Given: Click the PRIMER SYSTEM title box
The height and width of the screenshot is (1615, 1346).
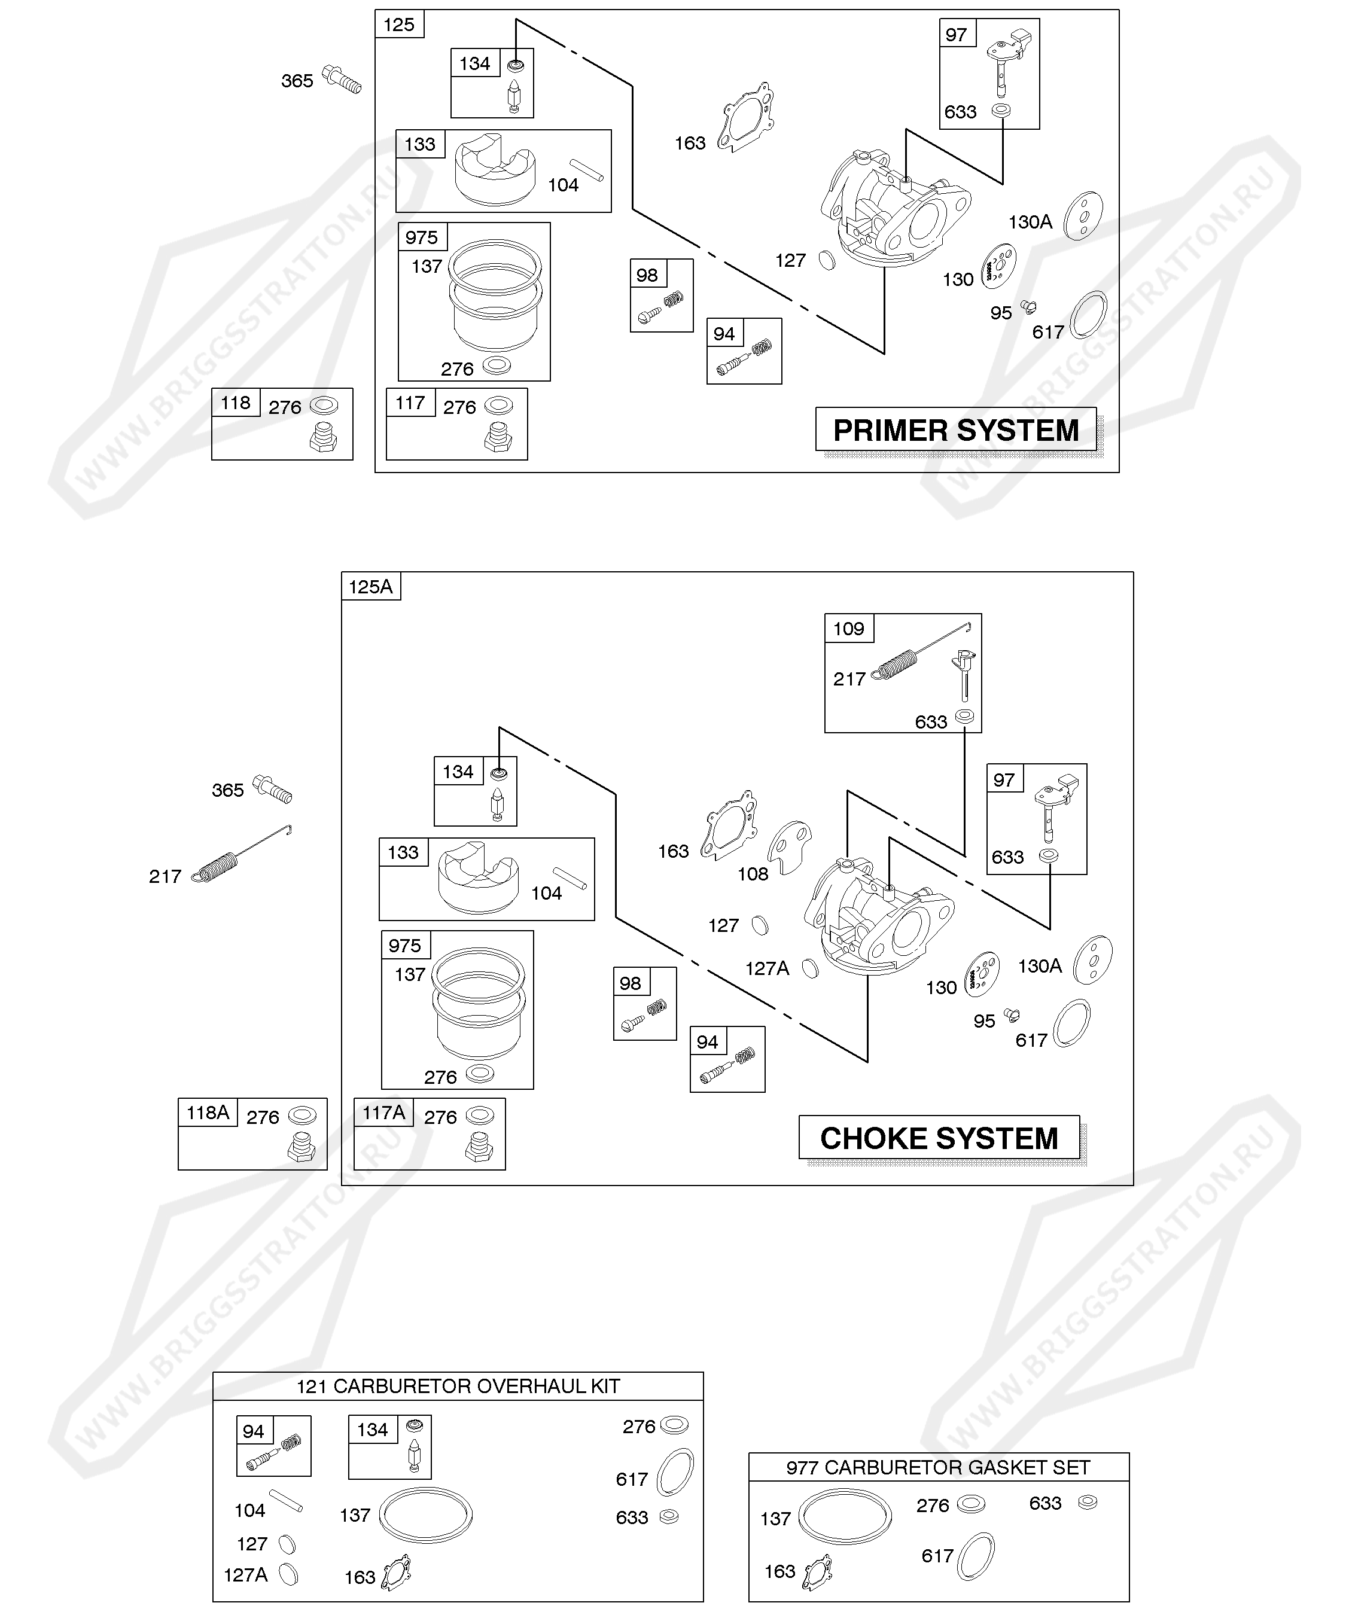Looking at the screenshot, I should click(955, 430).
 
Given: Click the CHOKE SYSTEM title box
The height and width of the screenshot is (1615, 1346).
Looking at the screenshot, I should click(939, 1138).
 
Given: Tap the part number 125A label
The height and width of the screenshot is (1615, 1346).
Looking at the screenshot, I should click(371, 587).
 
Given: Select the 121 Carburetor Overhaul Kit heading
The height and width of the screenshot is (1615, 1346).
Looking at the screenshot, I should click(458, 1386).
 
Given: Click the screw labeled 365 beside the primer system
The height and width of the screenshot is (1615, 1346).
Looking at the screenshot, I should click(343, 79).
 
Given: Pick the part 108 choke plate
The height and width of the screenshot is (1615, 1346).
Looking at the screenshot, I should click(791, 845).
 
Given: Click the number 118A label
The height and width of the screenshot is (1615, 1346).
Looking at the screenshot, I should click(208, 1113).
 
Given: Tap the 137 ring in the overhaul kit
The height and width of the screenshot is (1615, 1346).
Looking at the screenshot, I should click(425, 1516).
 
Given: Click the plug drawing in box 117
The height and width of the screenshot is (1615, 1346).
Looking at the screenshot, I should click(498, 437).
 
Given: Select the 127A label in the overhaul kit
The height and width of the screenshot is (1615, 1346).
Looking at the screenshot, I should click(245, 1575).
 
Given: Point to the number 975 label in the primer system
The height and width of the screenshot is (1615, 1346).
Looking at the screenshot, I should click(422, 237).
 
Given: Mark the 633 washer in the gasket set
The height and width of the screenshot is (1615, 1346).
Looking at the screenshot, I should click(1088, 1502).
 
